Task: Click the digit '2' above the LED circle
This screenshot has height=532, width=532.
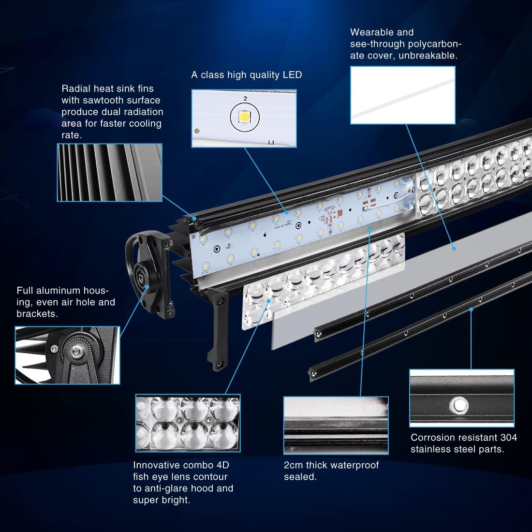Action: (x=245, y=98)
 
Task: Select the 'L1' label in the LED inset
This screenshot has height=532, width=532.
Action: (x=271, y=143)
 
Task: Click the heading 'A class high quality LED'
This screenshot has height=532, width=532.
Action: (x=246, y=75)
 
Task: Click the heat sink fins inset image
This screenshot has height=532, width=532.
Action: (x=109, y=173)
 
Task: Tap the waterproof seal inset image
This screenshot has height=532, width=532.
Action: (x=336, y=426)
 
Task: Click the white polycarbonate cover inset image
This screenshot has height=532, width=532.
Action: (x=402, y=95)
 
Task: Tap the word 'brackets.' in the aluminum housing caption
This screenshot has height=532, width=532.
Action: (x=37, y=314)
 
